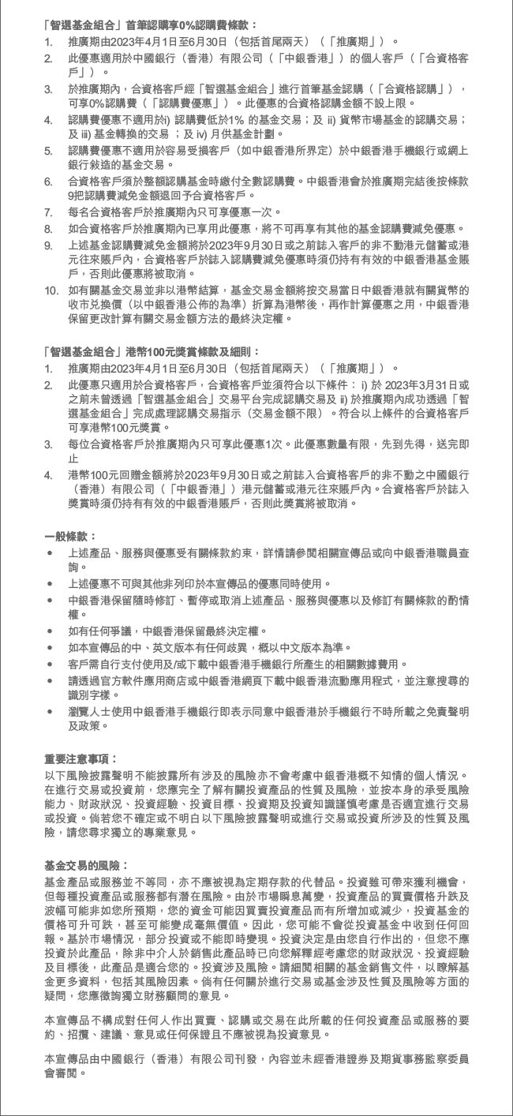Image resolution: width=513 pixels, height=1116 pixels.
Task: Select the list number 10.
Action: coord(51,290)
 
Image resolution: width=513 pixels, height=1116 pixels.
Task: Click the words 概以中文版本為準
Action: coord(298,646)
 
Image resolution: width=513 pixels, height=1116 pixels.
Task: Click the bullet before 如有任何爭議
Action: coord(51,631)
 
